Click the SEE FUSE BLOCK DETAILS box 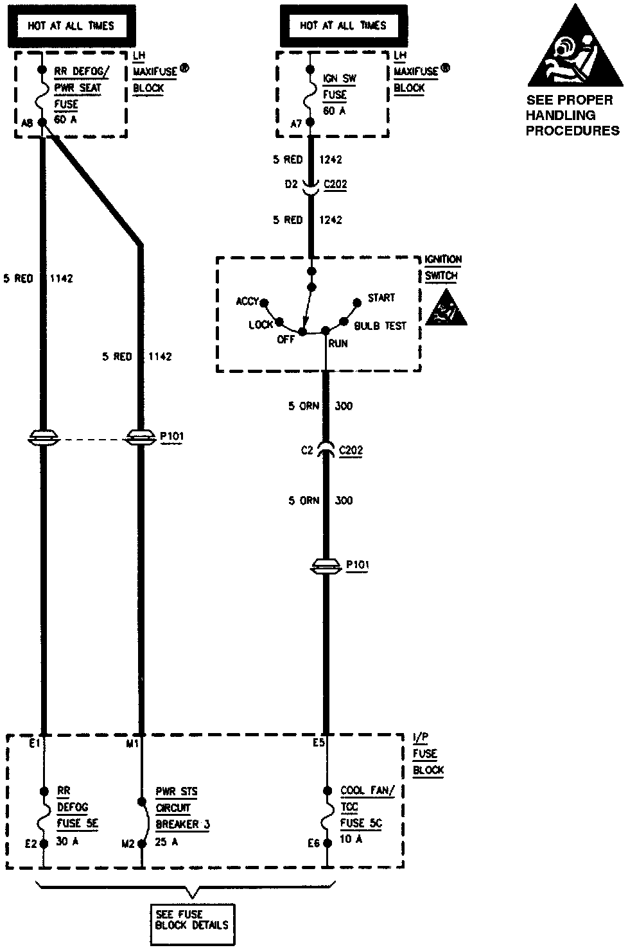click(x=191, y=920)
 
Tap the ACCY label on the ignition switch click(x=247, y=301)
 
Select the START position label click(x=381, y=298)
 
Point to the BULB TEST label click(x=380, y=325)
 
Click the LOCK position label click(x=261, y=325)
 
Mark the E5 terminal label click(x=318, y=743)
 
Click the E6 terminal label click(x=313, y=843)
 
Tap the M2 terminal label click(x=128, y=843)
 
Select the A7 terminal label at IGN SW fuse click(x=296, y=124)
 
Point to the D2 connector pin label click(x=292, y=184)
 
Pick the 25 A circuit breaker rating click(x=166, y=841)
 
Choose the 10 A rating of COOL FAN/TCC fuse click(x=351, y=839)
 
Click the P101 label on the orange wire click(x=357, y=565)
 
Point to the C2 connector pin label click(x=307, y=451)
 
